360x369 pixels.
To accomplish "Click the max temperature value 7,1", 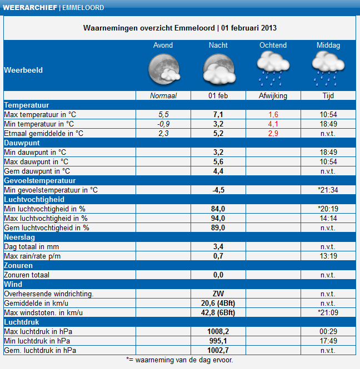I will coord(218,114).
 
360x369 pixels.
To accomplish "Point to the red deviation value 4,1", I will coord(273,124).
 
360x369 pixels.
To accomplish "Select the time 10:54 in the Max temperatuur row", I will coord(328,114).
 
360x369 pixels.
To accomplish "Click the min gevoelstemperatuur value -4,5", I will coord(218,190).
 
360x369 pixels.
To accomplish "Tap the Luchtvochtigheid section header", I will coord(34,199).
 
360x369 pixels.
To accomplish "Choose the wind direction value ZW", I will coord(218,294).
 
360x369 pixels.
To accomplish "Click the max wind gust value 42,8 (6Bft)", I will coord(218,312).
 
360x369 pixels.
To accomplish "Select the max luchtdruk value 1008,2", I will coord(218,331).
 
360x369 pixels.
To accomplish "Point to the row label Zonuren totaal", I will coord(27,275).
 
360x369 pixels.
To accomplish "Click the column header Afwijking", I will coord(273,95).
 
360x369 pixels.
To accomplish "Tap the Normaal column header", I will coord(163,95).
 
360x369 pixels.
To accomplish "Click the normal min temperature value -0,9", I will coord(163,124).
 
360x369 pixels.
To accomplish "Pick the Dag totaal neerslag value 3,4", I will coord(218,246).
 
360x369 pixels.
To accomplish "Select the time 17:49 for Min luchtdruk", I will coord(328,341).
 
